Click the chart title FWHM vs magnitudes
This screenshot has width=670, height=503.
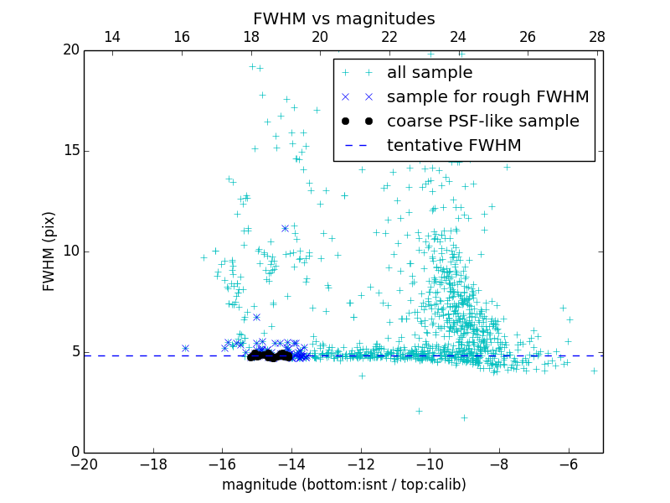pyautogui.click(x=343, y=18)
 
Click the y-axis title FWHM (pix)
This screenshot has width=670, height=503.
pyautogui.click(x=49, y=251)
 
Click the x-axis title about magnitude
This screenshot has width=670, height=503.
pyautogui.click(x=343, y=485)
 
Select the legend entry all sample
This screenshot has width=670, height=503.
pyautogui.click(x=429, y=73)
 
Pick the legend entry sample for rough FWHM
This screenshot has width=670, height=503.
pyautogui.click(x=487, y=97)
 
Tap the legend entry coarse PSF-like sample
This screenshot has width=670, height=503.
pyautogui.click(x=482, y=122)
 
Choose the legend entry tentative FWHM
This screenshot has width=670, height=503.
pyautogui.click(x=454, y=146)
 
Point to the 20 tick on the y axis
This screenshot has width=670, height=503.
pyautogui.click(x=70, y=50)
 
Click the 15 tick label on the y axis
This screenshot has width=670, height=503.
pyautogui.click(x=70, y=151)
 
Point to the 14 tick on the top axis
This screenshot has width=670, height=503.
pyautogui.click(x=112, y=37)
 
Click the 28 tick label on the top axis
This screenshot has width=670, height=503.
pyautogui.click(x=597, y=37)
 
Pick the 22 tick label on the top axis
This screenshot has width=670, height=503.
pyautogui.click(x=389, y=37)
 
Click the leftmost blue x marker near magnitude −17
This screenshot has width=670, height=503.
pyautogui.click(x=185, y=348)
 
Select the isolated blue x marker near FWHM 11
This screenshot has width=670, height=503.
pyautogui.click(x=285, y=228)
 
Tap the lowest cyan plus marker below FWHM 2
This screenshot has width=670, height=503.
pyautogui.click(x=464, y=417)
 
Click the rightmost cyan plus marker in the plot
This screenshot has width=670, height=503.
pyautogui.click(x=594, y=371)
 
